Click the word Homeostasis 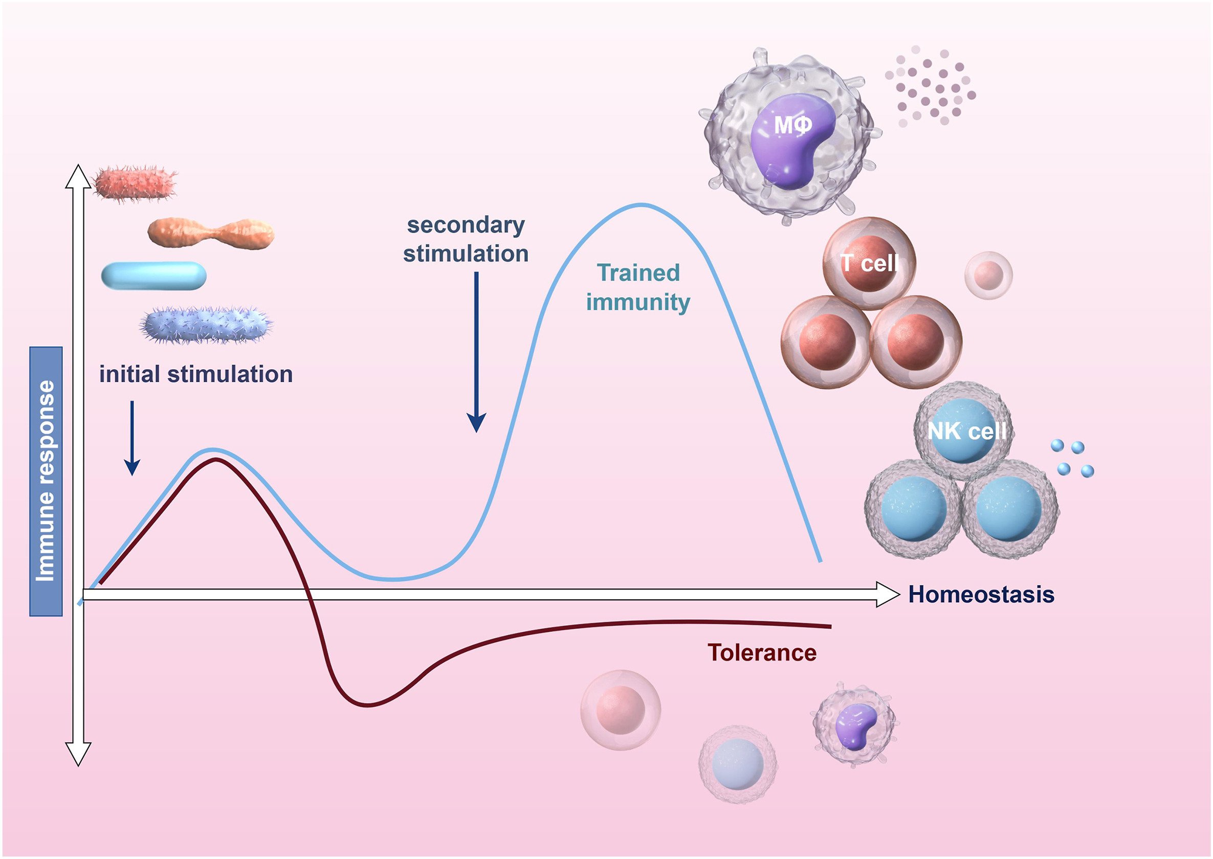(981, 595)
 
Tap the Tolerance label (762, 653)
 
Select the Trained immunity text (638, 288)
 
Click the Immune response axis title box (46, 481)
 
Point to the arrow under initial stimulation (132, 439)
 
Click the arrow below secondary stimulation (476, 352)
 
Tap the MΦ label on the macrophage (792, 125)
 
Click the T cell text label (870, 263)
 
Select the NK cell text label (967, 431)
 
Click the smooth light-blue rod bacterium (153, 276)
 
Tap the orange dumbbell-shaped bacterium (211, 233)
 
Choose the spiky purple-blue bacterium (206, 324)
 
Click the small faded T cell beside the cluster (988, 275)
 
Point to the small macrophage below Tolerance (854, 724)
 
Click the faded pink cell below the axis (620, 710)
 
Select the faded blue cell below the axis (738, 764)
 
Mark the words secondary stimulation (466, 239)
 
